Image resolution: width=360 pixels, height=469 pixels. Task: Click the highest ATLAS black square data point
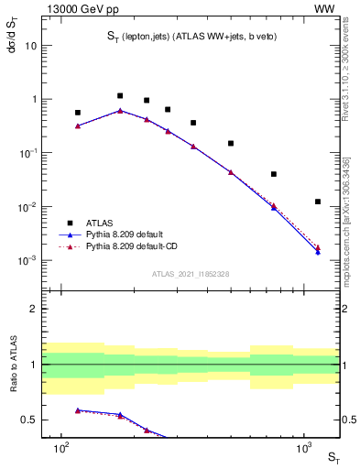click(x=120, y=95)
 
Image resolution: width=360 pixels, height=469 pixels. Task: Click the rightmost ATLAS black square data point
click(x=318, y=202)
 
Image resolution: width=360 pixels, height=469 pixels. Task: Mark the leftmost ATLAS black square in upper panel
click(x=78, y=113)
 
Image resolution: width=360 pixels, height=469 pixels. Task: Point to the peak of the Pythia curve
click(x=120, y=111)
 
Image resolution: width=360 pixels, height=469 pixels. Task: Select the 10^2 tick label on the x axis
click(x=61, y=452)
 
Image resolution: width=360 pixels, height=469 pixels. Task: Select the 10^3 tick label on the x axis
click(x=303, y=452)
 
